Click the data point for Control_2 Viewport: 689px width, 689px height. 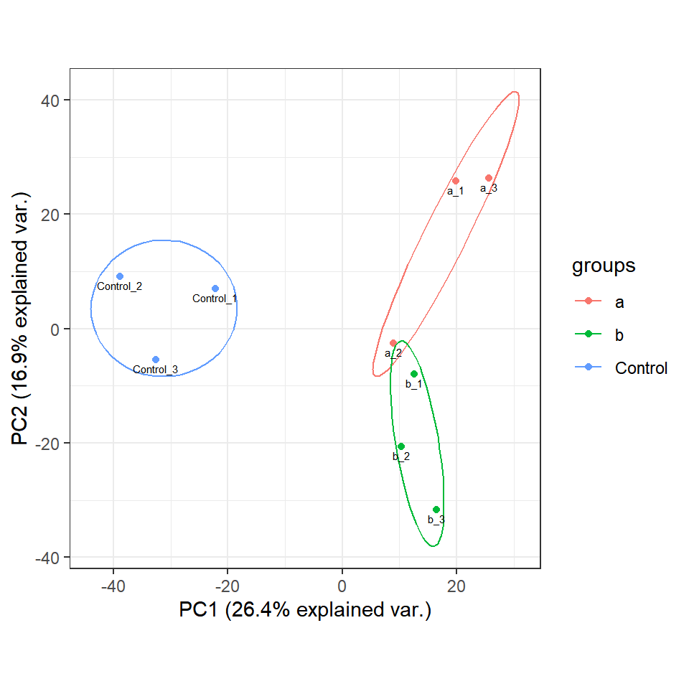[x=120, y=276]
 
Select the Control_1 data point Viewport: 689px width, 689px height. [x=215, y=289]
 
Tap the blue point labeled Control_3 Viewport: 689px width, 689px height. [x=156, y=360]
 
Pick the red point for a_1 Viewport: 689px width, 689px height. [x=456, y=181]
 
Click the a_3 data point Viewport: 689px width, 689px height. [x=489, y=178]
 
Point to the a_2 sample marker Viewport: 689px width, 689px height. [x=393, y=343]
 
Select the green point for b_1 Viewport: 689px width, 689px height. [x=414, y=374]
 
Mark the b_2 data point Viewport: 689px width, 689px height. [x=401, y=446]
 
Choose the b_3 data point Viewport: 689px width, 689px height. [x=436, y=510]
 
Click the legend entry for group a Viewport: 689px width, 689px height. [x=619, y=302]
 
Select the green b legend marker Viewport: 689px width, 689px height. [x=589, y=335]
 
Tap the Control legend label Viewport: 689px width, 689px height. [x=641, y=368]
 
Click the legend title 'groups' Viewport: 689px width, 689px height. [x=604, y=266]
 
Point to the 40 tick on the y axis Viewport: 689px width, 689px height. [x=50, y=100]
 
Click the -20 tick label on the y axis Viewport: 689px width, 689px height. [x=47, y=443]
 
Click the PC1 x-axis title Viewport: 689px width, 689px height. [x=305, y=610]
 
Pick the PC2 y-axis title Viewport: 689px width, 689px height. [x=22, y=319]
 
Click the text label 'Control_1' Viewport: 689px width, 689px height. [x=215, y=299]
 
